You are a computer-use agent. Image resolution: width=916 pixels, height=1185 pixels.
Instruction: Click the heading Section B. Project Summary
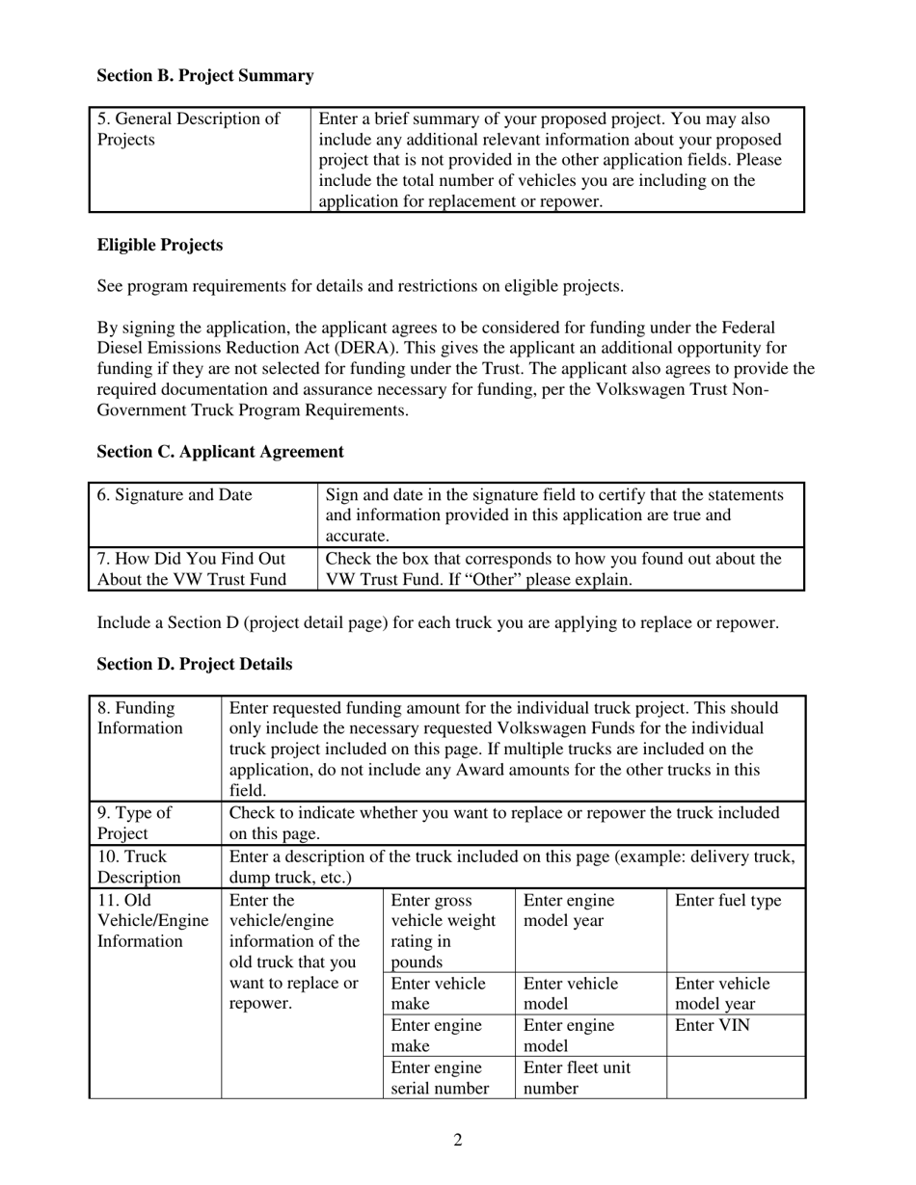click(x=205, y=76)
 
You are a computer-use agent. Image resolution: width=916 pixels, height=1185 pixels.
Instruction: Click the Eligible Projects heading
click(x=160, y=246)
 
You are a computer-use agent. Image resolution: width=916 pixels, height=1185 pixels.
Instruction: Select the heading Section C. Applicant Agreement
click(x=220, y=452)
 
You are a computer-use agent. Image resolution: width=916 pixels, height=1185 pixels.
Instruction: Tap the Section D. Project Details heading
click(x=195, y=665)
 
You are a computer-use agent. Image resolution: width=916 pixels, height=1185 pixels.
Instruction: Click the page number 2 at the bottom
click(x=458, y=1141)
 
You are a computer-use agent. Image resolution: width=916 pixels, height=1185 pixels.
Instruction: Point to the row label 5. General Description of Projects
click(x=189, y=130)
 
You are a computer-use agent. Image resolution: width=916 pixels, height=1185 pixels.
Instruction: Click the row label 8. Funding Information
click(x=140, y=719)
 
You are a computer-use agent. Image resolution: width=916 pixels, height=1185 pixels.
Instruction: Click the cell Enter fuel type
click(x=728, y=902)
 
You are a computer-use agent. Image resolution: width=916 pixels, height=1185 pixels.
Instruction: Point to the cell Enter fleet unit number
click(x=577, y=1078)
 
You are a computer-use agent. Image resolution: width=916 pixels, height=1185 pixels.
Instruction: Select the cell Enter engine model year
click(x=569, y=911)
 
